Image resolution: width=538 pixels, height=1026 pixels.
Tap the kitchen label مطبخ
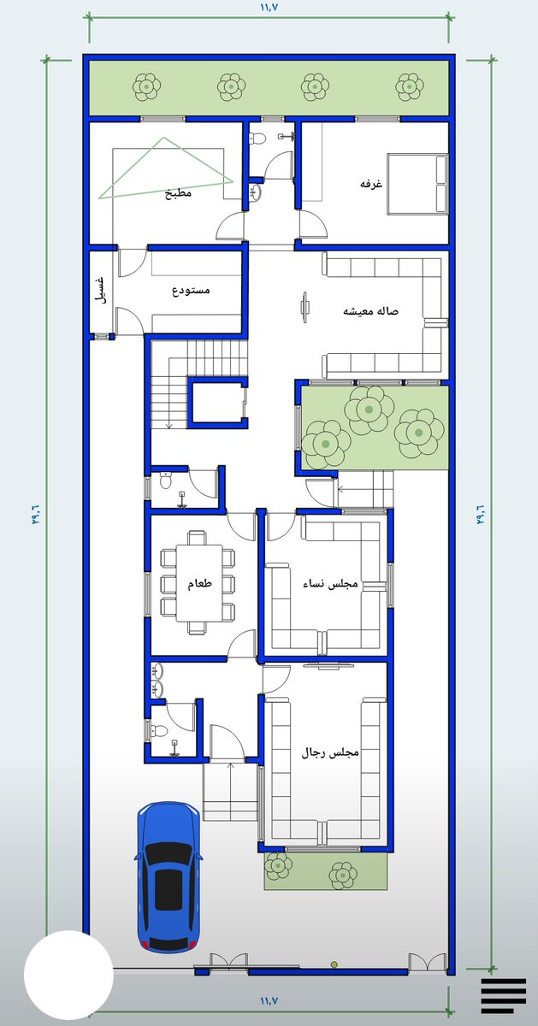click(178, 193)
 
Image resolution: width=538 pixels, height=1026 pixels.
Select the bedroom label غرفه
click(371, 184)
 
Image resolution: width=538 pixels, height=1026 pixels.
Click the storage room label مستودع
click(191, 291)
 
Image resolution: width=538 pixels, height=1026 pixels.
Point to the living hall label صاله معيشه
click(371, 311)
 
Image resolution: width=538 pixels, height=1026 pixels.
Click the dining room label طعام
click(200, 584)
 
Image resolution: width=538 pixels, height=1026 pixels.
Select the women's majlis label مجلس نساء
click(330, 584)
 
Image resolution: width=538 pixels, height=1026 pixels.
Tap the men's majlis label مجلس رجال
click(330, 752)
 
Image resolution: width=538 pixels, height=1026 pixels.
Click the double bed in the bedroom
click(417, 184)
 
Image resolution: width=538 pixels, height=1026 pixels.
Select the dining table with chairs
click(198, 582)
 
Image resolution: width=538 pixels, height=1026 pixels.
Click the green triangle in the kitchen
click(165, 168)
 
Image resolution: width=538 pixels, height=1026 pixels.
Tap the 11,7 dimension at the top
click(270, 7)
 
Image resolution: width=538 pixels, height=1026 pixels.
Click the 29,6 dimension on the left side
click(36, 514)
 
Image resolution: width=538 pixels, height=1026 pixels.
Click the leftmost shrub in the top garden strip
click(146, 86)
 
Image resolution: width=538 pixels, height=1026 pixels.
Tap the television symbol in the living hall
click(305, 307)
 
